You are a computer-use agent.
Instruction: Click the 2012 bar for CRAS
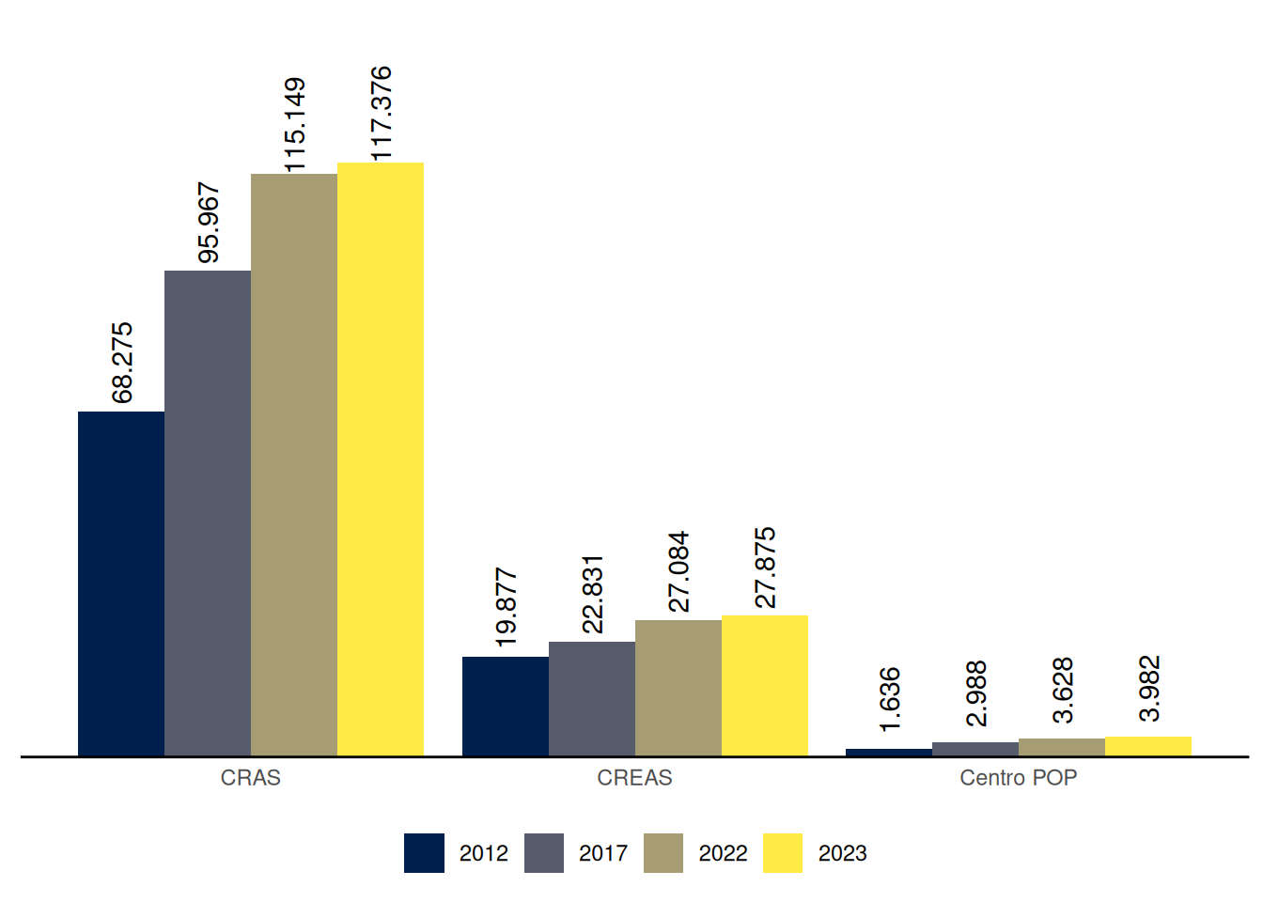[121, 583]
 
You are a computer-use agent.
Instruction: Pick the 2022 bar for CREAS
[678, 688]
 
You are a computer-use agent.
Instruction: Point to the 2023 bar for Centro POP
[1148, 746]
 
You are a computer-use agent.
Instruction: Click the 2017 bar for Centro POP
[975, 749]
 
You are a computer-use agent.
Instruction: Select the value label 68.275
[122, 363]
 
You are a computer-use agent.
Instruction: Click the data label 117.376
[381, 113]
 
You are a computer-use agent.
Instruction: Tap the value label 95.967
[209, 223]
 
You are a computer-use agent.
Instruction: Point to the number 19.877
[506, 607]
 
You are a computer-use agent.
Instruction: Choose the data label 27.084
[678, 571]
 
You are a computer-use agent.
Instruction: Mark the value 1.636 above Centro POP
[890, 699]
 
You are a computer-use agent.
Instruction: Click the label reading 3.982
[1149, 688]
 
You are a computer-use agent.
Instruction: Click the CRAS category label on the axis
[251, 778]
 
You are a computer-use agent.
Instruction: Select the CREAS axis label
[635, 778]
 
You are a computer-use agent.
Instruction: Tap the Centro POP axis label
[1019, 778]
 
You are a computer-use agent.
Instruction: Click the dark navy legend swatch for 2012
[424, 853]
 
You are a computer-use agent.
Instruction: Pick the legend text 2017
[603, 853]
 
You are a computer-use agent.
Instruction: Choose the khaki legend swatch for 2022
[663, 853]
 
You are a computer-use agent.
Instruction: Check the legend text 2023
[843, 853]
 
